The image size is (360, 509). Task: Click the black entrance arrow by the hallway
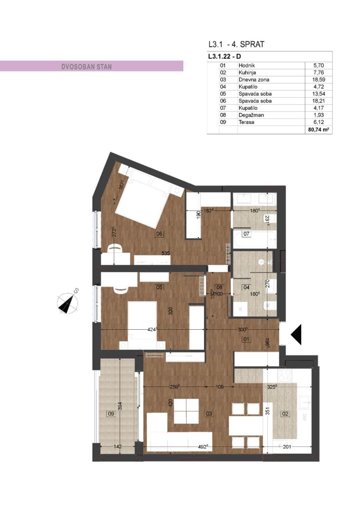pos(298,334)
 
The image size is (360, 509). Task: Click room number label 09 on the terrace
pos(112,414)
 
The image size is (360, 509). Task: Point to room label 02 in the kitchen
pos(285,414)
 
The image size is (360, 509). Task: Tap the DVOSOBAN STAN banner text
pos(87,66)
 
